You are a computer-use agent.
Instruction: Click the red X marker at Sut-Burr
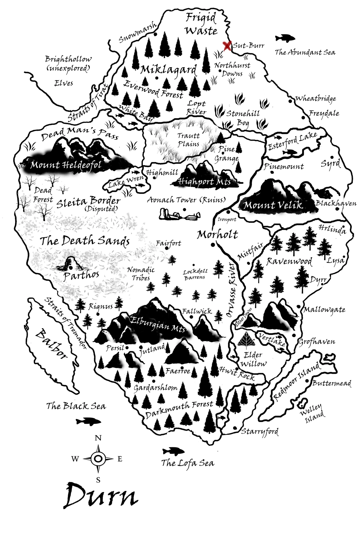[x=227, y=46]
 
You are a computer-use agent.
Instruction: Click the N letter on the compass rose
[x=98, y=438]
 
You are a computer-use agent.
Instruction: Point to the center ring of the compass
[x=98, y=458]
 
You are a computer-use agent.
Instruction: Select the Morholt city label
[x=217, y=234]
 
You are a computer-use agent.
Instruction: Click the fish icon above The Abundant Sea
[x=285, y=38]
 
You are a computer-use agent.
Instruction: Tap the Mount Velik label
[x=273, y=205]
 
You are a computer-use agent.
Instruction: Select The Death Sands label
[x=85, y=241]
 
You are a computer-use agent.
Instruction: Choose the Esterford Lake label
[x=292, y=141]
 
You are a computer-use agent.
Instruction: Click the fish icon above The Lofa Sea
[x=173, y=451]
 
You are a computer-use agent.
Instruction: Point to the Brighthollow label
[x=68, y=59]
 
